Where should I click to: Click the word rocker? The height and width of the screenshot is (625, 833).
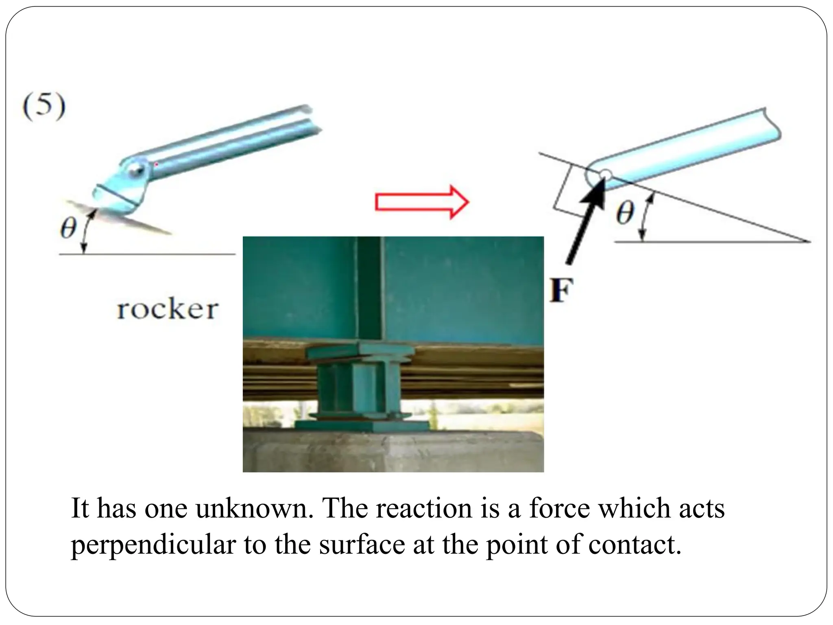pos(168,310)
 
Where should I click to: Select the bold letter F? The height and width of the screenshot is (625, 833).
pos(561,291)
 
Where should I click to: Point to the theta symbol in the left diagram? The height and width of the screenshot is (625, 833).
pos(68,229)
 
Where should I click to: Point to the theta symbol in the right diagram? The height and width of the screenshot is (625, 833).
pos(625,213)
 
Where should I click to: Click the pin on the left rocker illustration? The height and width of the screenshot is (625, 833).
pos(135,168)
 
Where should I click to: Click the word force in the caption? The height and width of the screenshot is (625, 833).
pos(560,509)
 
